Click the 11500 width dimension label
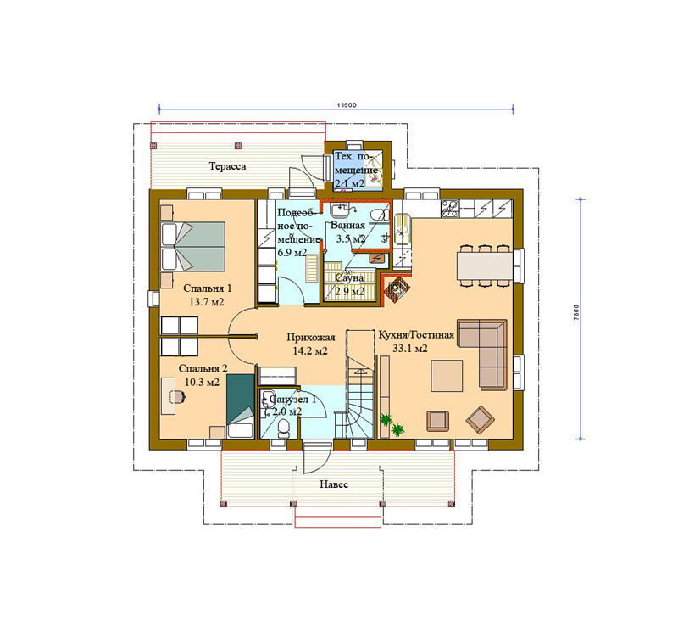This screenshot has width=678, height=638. [347, 104]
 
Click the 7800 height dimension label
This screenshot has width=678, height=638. [576, 313]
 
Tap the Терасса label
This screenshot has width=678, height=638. [227, 166]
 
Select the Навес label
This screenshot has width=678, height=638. [334, 484]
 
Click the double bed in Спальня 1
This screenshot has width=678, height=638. [193, 247]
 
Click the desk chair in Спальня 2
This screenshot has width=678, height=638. [179, 396]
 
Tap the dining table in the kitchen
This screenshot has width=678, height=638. [485, 266]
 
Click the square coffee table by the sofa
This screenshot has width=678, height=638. [447, 376]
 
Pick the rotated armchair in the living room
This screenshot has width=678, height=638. [480, 419]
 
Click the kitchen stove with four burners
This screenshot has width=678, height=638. [450, 208]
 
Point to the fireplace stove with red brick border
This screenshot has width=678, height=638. [396, 289]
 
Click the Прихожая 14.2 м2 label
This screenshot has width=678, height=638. [310, 344]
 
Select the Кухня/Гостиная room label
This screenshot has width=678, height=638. [416, 335]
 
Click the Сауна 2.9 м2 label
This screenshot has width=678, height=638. [349, 284]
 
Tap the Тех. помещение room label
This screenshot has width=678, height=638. [355, 170]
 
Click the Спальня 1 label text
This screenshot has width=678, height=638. [207, 288]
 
